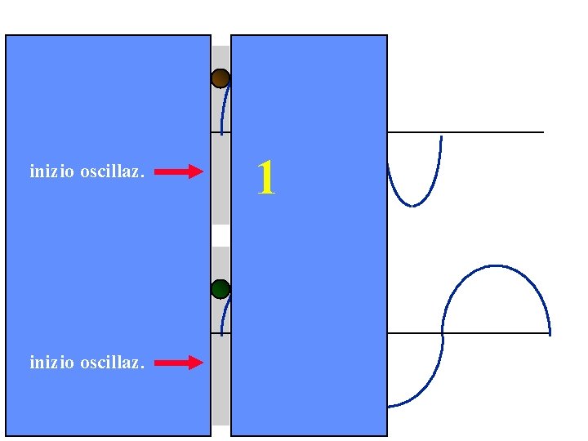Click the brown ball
click(x=220, y=78)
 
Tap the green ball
click(x=220, y=288)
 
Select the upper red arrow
click(x=179, y=171)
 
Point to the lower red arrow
click(x=179, y=362)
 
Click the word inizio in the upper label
click(x=51, y=171)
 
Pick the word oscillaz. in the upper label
click(x=113, y=171)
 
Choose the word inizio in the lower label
click(x=51, y=362)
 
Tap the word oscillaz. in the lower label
click(x=113, y=362)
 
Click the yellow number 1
click(x=265, y=177)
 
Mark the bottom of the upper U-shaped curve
click(x=413, y=205)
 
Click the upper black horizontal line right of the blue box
click(x=490, y=132)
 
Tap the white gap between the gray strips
click(x=220, y=235)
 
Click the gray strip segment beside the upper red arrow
click(x=220, y=176)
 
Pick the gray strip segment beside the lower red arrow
click(x=220, y=376)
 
